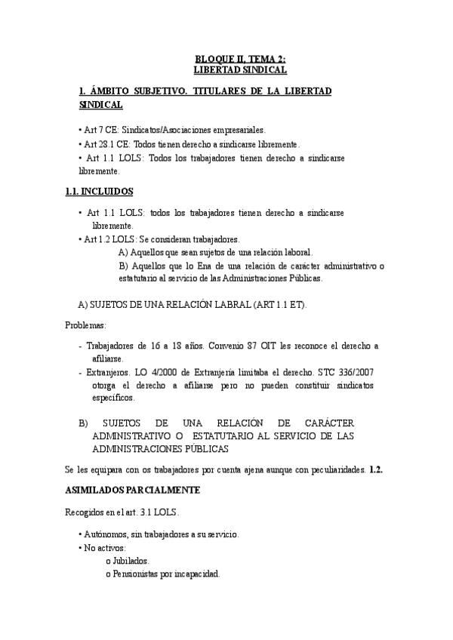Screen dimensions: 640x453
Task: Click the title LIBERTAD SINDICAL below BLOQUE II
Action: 240,69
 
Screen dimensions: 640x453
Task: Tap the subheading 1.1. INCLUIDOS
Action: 100,192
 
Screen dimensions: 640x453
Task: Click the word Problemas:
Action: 85,325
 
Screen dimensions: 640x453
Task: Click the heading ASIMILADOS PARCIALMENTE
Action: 132,490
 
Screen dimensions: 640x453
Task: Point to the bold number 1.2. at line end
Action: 376,469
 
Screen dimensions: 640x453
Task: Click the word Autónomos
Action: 106,534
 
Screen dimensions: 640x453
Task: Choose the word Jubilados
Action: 131,561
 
